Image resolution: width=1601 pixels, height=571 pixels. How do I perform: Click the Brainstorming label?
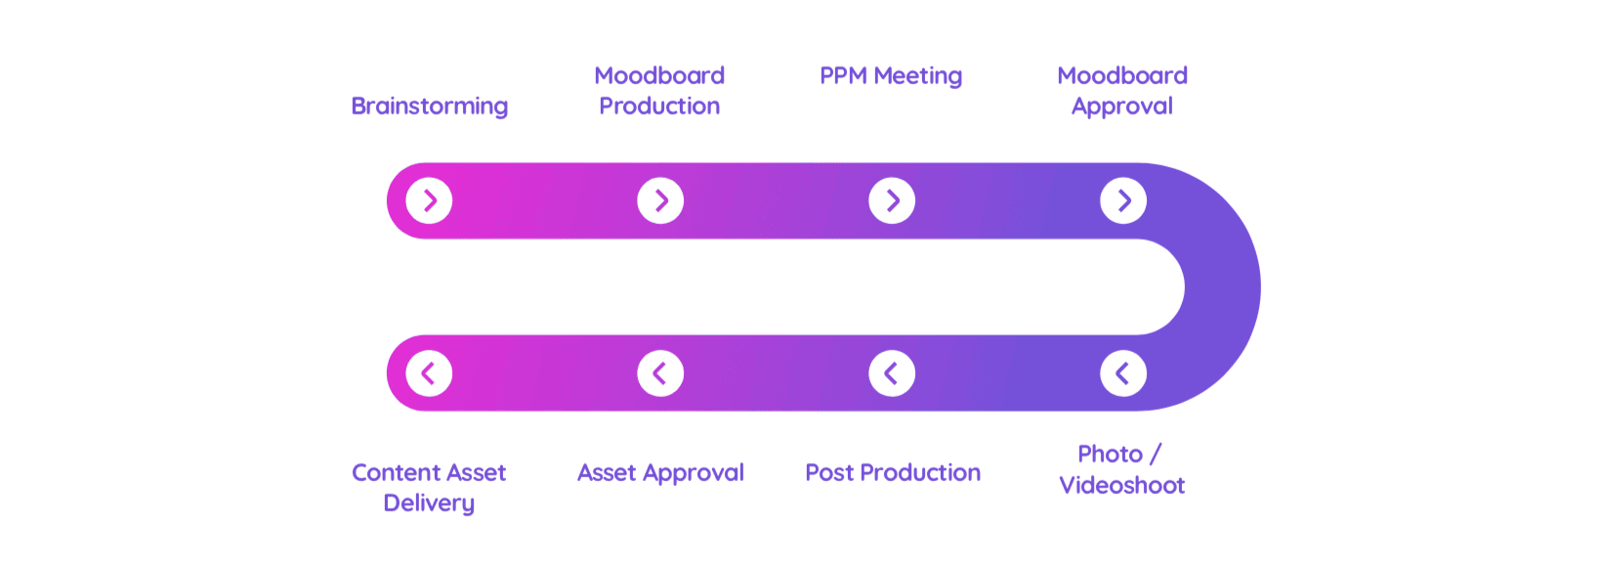point(430,107)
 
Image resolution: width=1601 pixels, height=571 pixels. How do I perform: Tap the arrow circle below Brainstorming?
point(429,201)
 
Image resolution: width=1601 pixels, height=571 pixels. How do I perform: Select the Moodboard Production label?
point(659,91)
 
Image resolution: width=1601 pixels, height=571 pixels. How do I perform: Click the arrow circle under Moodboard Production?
point(660,201)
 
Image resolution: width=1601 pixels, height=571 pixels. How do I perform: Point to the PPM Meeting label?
point(891,76)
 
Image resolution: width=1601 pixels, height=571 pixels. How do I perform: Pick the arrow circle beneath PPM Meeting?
point(892,201)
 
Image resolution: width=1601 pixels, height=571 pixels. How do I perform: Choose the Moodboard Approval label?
point(1122,91)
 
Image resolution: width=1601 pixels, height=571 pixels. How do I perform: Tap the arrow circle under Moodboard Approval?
point(1123,201)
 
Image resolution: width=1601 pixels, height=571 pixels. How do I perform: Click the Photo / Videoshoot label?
point(1122,469)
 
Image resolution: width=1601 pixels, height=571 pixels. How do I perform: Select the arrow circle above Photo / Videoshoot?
point(1123,373)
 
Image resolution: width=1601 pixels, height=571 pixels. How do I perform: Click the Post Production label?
point(893,473)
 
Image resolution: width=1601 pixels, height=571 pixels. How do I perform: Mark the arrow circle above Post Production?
point(892,373)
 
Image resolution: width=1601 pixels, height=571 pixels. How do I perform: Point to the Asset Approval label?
point(660,473)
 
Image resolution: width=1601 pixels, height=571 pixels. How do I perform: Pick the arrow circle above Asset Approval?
point(660,373)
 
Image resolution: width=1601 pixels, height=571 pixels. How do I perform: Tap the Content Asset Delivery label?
point(429,488)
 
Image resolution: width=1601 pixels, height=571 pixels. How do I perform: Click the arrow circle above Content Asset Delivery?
point(429,373)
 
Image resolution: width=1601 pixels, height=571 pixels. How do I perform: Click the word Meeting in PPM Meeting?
point(918,76)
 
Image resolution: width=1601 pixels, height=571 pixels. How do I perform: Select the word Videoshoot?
point(1122,485)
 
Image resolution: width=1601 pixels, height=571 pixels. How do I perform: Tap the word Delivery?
point(429,504)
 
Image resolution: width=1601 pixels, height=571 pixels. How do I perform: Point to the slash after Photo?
point(1155,455)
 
